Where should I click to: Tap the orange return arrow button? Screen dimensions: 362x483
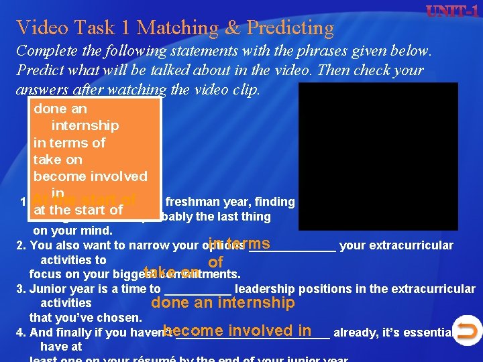(x=468, y=330)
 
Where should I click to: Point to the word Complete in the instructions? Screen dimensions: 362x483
(x=43, y=51)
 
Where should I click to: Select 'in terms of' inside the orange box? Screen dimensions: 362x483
(x=69, y=142)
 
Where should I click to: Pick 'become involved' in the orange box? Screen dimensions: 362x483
(x=90, y=176)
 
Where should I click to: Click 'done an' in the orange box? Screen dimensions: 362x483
(x=60, y=109)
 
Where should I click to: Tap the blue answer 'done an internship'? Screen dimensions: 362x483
(x=223, y=303)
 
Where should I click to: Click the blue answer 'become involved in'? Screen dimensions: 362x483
(x=237, y=330)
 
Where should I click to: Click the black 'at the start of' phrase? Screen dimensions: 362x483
(x=78, y=210)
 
